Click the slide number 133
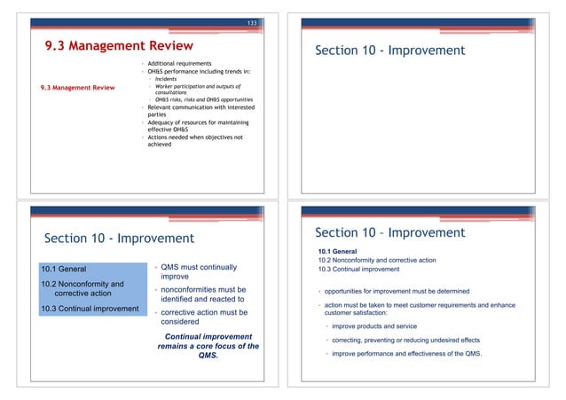pyautogui.click(x=253, y=21)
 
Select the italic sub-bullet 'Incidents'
pyautogui.click(x=166, y=79)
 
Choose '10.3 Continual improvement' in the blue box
pyautogui.click(x=88, y=309)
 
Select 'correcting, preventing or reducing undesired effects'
pyautogui.click(x=406, y=341)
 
